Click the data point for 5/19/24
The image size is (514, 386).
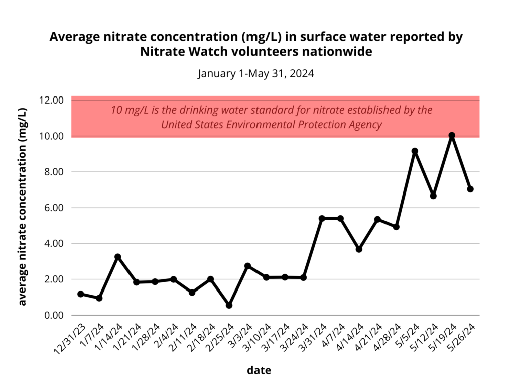452,135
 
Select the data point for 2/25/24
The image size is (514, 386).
229,305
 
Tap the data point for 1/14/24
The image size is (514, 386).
117,257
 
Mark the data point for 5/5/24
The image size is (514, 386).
415,151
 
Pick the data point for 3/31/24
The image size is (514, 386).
322,218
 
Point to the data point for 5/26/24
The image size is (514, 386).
470,189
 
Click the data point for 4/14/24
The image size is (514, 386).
359,249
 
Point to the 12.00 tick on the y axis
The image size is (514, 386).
51,100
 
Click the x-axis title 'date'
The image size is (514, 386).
259,370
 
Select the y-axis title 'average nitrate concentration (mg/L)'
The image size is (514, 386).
23,207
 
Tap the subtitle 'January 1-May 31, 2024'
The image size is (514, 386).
256,73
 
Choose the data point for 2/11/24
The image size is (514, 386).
192,292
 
